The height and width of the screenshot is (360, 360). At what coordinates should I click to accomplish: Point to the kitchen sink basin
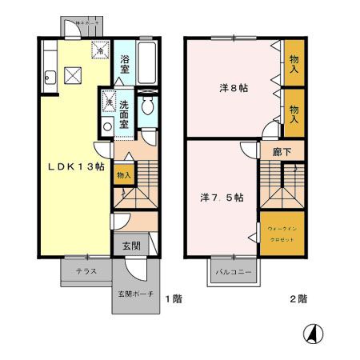coord(50,78)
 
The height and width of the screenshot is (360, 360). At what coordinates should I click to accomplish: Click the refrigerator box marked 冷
coord(101,49)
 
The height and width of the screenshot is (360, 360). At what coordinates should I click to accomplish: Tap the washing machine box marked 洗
coord(108,103)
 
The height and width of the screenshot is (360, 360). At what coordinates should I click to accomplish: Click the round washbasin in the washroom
coord(108,125)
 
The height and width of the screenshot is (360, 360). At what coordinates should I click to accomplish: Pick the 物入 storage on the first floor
coord(123,174)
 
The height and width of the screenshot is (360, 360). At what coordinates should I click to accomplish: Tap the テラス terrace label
coord(86,271)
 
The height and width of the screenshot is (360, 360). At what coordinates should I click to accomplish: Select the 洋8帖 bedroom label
coord(234,88)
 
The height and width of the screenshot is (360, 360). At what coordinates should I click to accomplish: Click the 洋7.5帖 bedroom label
coord(222,196)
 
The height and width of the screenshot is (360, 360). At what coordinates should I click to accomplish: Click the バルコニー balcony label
coord(233,272)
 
